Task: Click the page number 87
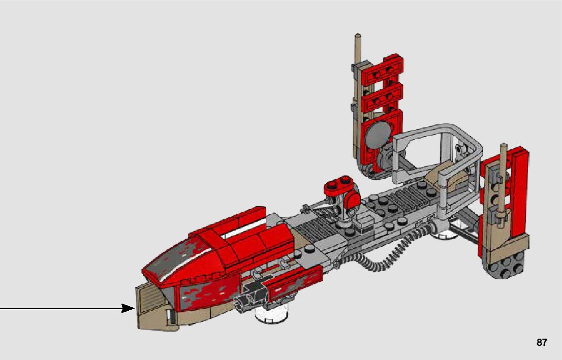(x=542, y=342)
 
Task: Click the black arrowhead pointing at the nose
(x=129, y=308)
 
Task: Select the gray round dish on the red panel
(x=378, y=134)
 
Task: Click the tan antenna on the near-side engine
(x=502, y=186)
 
